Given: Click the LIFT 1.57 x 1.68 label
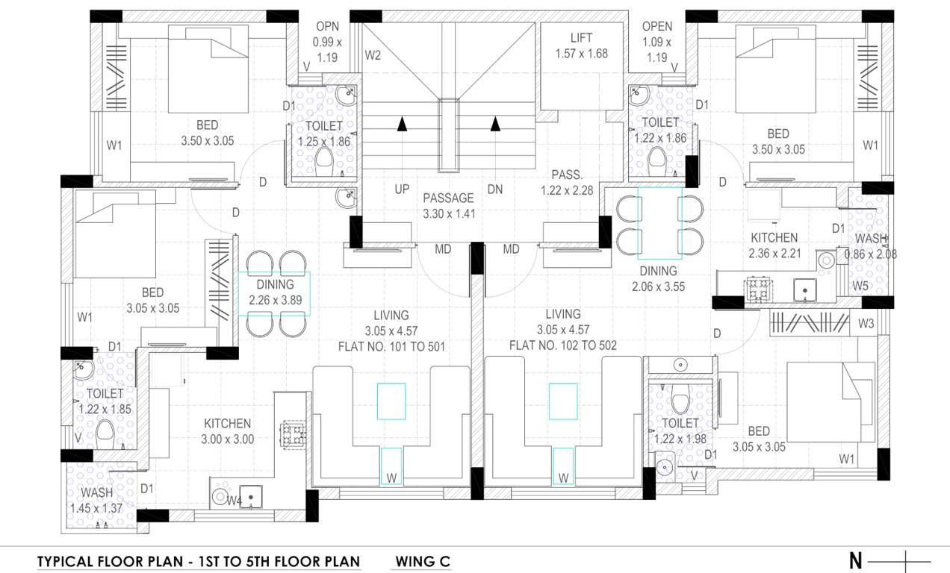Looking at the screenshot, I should coord(581,46).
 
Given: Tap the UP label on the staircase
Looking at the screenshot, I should coord(402,190).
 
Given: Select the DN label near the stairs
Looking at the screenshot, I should coord(495,190).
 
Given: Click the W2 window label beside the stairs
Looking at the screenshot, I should coord(373,55).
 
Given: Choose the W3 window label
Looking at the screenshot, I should coord(866,324).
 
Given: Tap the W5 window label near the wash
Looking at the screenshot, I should coord(860,286).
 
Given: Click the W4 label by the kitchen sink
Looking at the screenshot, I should coord(235,500).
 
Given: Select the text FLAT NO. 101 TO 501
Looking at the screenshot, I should coord(394,345).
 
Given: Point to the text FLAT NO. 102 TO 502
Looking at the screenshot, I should coord(562,345).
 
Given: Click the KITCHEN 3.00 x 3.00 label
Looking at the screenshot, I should coord(228,431).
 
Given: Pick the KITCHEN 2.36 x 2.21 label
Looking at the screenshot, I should coord(774,245).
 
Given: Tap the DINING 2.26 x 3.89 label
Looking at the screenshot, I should coord(275,292).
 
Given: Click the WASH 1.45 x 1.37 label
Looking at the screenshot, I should coord(97,500).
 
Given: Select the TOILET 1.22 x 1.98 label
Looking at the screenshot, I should coord(680,431).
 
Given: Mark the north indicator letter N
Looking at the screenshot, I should coord(855,561).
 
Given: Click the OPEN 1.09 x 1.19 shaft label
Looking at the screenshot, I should coord(656,41).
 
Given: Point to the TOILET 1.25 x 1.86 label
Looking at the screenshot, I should coord(323,134).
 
